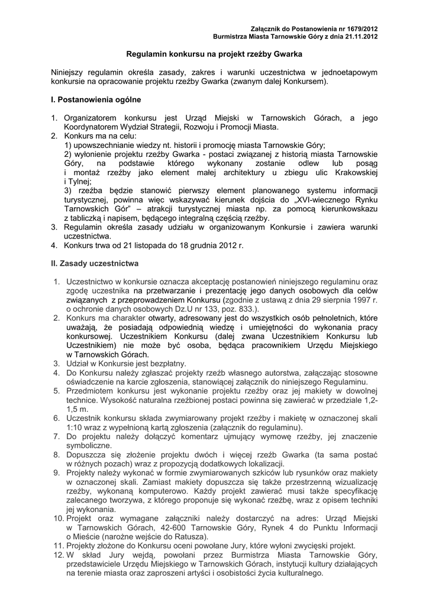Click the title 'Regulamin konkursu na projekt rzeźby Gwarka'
pos(214,53)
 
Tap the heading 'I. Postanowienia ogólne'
pos(96,99)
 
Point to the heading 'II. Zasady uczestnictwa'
pos(95,262)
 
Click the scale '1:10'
pos(75,427)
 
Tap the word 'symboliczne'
pos(89,445)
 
